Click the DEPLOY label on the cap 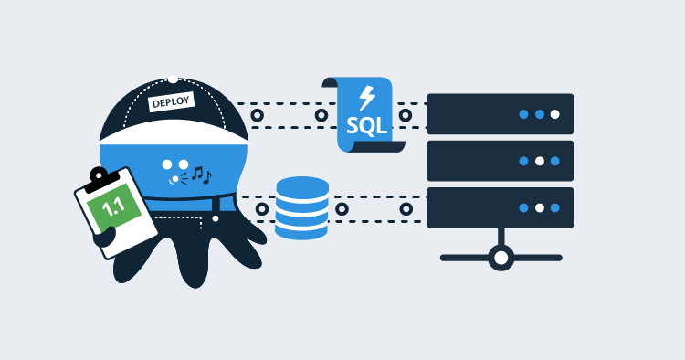click(171, 102)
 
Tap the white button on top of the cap click(173, 79)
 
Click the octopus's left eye click(167, 165)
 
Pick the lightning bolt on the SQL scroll click(367, 96)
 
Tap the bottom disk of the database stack click(302, 228)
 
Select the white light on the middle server click(540, 161)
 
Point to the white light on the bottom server click(539, 207)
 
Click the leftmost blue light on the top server click(523, 114)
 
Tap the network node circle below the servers click(501, 258)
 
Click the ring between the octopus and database click(262, 209)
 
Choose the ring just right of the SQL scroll click(404, 115)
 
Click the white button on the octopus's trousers click(216, 218)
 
